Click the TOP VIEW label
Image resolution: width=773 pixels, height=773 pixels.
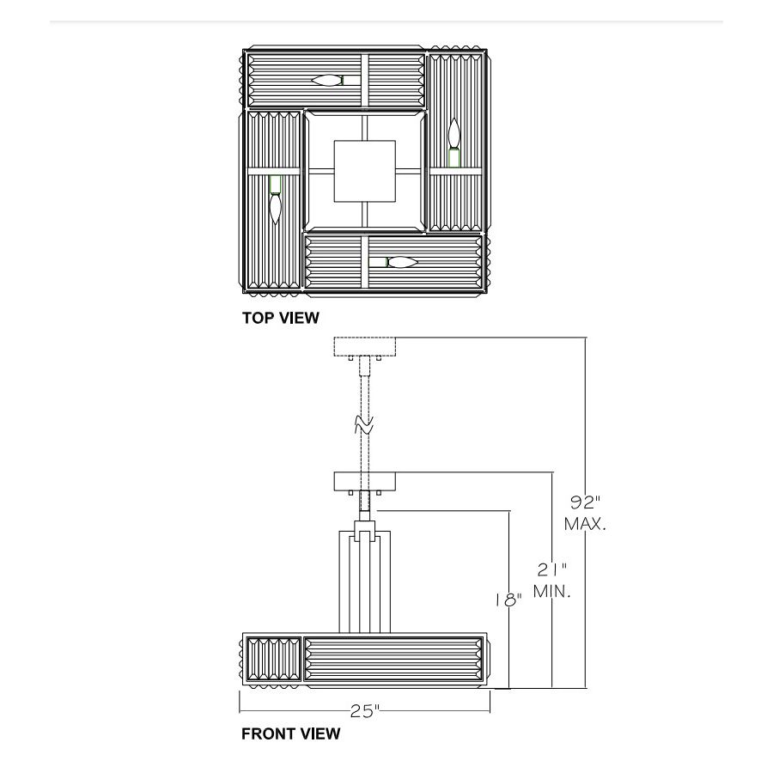280,318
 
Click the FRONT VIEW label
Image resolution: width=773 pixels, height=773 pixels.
291,734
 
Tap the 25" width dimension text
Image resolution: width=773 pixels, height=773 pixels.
365,711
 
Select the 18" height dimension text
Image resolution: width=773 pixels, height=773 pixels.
508,600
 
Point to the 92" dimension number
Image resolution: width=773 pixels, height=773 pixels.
585,502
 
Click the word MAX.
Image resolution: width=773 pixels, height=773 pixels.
585,524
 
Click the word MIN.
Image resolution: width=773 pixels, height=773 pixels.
552,591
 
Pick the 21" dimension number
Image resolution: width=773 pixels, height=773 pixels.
551,570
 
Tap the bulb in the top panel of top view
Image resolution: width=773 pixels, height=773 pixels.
326,80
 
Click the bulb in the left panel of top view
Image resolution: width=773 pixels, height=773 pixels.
276,209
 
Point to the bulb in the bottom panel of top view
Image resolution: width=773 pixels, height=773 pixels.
402,262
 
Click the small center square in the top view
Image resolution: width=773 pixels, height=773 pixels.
365,171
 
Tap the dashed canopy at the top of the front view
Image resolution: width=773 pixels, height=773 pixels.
365,347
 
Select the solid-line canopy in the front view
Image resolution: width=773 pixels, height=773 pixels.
365,482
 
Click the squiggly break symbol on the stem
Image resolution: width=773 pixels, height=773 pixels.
364,425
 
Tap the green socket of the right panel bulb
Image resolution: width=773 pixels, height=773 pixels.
454,157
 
